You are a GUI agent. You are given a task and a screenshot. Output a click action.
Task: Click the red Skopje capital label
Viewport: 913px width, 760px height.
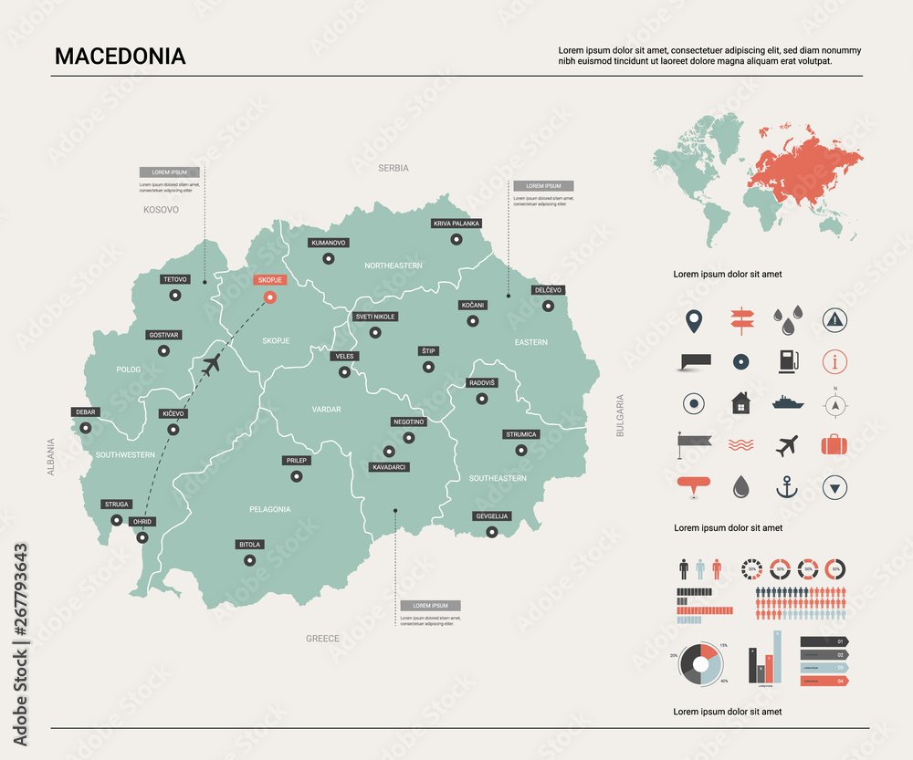(269, 279)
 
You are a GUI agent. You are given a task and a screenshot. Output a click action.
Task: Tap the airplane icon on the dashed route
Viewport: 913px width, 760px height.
(211, 366)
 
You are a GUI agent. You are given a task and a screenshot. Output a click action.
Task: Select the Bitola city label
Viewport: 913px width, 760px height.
(249, 545)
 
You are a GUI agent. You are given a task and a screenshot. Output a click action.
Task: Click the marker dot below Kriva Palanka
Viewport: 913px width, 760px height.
(456, 240)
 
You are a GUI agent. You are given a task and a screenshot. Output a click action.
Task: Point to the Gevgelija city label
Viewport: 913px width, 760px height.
(492, 516)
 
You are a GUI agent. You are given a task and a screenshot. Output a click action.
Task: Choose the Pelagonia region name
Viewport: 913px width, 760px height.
(269, 509)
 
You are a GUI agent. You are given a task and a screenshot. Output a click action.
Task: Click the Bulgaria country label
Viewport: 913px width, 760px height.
(620, 416)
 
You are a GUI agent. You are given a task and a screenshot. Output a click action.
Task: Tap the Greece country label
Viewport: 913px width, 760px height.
(322, 639)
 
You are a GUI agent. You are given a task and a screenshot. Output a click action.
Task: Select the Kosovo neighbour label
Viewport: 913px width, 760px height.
(161, 210)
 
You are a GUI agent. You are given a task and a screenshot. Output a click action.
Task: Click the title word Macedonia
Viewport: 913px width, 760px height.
(120, 57)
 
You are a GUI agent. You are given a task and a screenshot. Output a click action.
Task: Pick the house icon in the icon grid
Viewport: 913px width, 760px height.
(740, 402)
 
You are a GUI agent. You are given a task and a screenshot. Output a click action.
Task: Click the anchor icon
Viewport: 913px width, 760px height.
(786, 487)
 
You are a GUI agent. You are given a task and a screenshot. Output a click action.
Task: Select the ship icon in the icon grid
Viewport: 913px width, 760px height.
(786, 402)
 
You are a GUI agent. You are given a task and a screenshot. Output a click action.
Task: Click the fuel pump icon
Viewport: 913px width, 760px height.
(786, 360)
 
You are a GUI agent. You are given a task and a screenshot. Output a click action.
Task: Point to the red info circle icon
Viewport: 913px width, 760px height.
(834, 360)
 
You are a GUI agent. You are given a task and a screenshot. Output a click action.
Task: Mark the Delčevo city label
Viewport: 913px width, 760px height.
(548, 290)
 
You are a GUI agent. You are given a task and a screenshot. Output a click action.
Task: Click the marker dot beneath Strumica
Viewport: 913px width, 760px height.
(521, 450)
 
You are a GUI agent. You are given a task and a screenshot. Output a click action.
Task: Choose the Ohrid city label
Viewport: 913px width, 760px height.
(143, 522)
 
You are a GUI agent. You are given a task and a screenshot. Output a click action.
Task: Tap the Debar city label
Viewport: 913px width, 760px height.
(85, 412)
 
